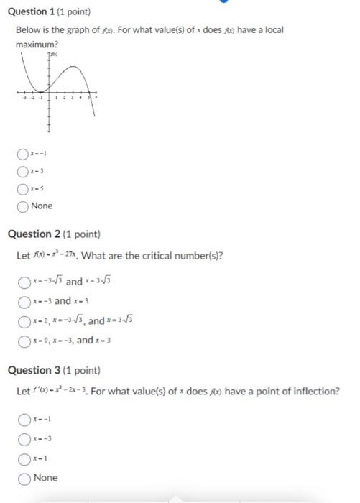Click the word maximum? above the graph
click(37, 45)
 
